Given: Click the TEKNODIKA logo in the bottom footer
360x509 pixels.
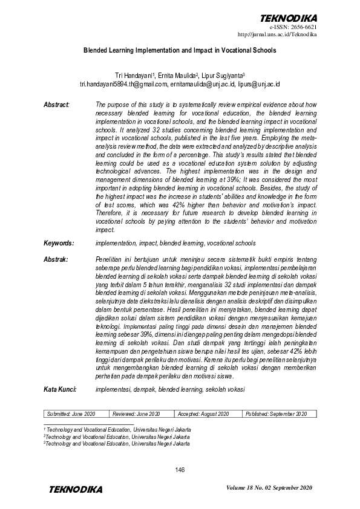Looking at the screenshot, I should coord(76,489).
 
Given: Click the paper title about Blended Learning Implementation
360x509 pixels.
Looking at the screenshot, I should coord(180,51).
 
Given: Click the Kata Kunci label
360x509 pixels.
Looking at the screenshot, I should coord(59,390).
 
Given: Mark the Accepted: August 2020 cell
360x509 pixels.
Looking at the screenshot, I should coord(207,413).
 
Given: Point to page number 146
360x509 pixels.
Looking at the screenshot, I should coord(180,470).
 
